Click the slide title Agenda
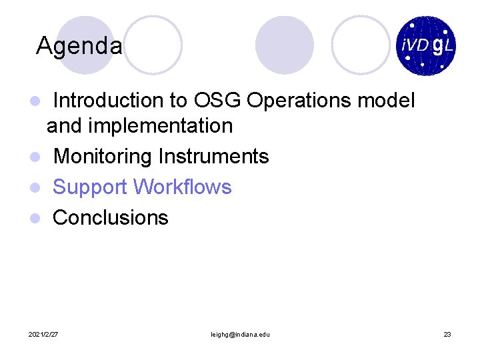click(x=79, y=46)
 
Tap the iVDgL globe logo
click(x=425, y=46)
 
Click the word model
click(x=387, y=101)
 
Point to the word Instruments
click(x=213, y=157)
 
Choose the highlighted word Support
click(x=90, y=187)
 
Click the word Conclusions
click(x=111, y=217)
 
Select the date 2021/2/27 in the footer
click(x=43, y=333)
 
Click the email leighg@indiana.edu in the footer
click(x=240, y=333)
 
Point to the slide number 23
click(x=447, y=333)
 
